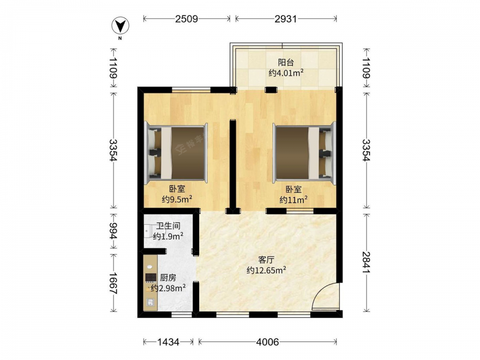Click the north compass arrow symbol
120,25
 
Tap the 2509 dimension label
186,19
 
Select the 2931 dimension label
286,19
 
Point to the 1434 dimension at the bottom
168,342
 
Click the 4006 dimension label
267,342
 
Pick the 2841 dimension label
366,263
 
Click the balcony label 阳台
286,62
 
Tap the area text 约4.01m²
286,73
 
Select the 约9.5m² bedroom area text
177,199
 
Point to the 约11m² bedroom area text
293,200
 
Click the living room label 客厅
266,260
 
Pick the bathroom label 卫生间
168,226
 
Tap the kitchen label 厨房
168,277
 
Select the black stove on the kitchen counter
151,277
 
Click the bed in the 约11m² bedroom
305,153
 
